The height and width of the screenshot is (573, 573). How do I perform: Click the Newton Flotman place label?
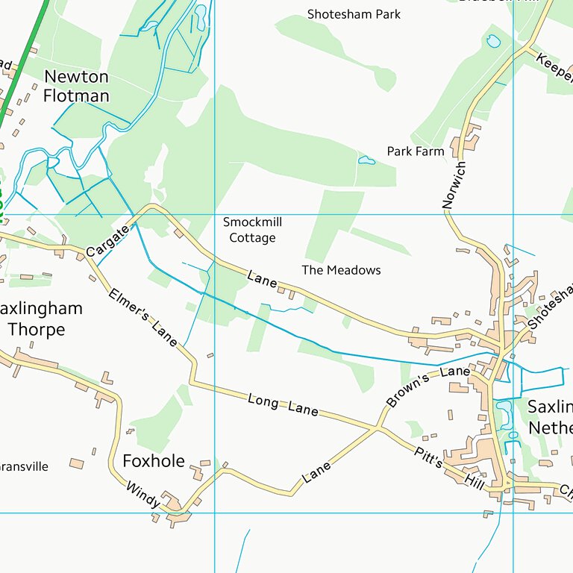click(76, 86)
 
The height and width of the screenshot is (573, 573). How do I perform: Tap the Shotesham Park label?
click(354, 14)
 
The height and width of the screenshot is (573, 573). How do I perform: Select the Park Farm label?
click(415, 151)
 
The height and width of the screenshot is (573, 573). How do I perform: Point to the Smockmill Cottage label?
click(252, 230)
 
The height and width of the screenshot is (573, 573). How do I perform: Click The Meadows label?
click(341, 270)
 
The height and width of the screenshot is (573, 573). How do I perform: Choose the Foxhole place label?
click(153, 461)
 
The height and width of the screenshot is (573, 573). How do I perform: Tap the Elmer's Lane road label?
click(143, 317)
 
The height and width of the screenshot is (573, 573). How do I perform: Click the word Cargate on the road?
click(107, 241)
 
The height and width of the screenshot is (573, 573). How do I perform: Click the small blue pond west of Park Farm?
click(366, 160)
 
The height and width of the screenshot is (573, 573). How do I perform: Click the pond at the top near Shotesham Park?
click(492, 42)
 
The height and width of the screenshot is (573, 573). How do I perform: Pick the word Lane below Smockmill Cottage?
click(262, 279)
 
